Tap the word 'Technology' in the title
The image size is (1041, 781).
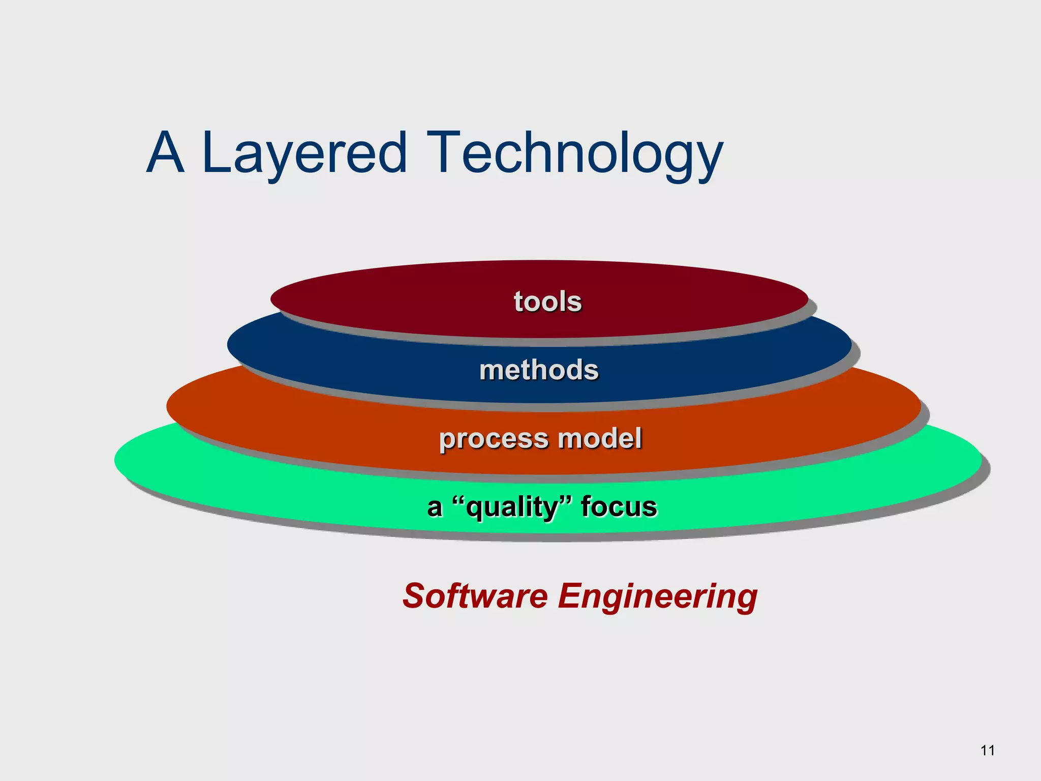pyautogui.click(x=574, y=153)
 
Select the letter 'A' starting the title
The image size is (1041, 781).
pyautogui.click(x=165, y=153)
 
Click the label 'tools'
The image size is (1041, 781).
pyautogui.click(x=547, y=302)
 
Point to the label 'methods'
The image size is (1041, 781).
pyautogui.click(x=539, y=370)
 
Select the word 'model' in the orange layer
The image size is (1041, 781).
pyautogui.click(x=600, y=438)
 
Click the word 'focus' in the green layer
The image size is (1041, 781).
pyautogui.click(x=619, y=507)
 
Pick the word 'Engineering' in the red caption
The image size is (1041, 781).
pyautogui.click(x=658, y=596)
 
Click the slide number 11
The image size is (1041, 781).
pyautogui.click(x=987, y=750)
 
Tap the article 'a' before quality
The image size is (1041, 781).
pyautogui.click(x=434, y=507)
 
